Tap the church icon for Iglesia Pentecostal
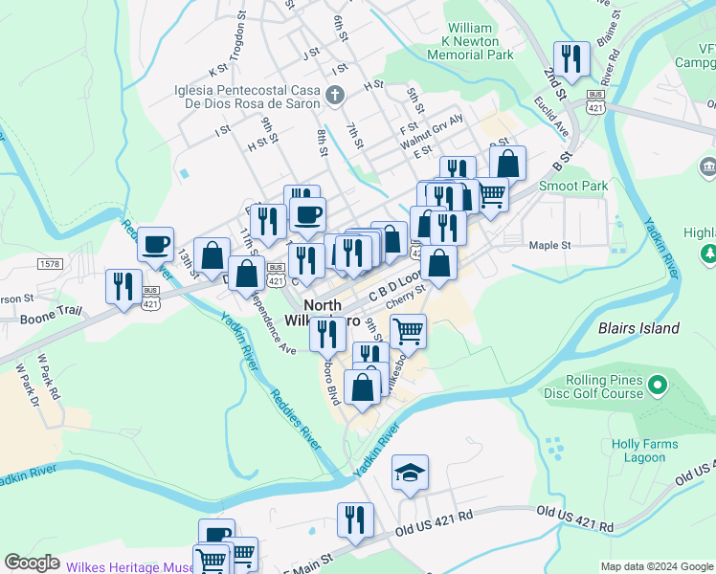click(x=334, y=94)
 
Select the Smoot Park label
click(x=574, y=186)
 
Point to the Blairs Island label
click(x=638, y=328)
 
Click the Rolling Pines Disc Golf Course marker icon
click(x=657, y=386)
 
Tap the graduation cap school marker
click(x=410, y=473)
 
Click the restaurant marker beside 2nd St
click(x=571, y=59)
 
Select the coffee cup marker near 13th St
click(x=155, y=243)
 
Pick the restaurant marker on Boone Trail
click(x=123, y=286)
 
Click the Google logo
click(x=32, y=563)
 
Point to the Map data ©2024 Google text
click(x=656, y=566)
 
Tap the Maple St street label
click(x=549, y=245)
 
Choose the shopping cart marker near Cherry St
click(x=408, y=330)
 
